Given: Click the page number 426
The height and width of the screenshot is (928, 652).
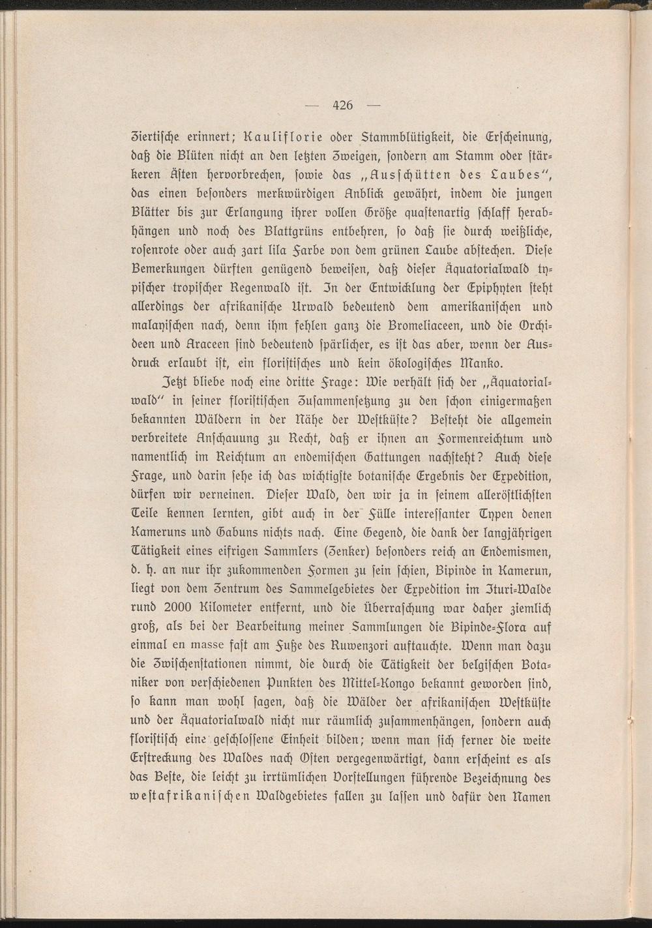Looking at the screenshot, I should point(342,105).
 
